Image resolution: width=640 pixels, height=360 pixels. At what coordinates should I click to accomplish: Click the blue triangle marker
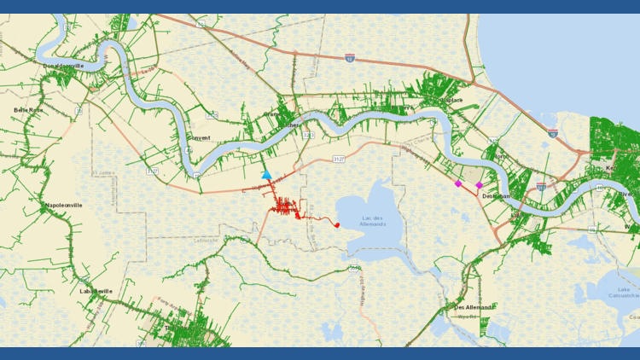[267, 174]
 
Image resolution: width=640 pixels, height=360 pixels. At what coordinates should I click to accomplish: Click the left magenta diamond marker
[458, 183]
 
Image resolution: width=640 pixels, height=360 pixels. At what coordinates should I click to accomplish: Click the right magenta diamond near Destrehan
[479, 185]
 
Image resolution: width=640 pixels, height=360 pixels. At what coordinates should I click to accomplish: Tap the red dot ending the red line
[337, 225]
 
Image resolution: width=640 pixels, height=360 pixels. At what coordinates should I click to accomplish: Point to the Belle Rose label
[28, 111]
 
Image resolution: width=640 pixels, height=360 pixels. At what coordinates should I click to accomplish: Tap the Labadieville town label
[96, 291]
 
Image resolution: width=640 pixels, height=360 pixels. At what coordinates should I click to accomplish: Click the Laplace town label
[451, 101]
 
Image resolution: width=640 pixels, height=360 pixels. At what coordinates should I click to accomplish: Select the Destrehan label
[496, 196]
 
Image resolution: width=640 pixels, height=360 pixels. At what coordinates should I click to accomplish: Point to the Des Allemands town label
[473, 307]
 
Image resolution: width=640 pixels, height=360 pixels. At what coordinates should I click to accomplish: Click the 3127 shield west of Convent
[152, 171]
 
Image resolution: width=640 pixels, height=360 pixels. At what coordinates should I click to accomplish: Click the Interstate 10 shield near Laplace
[553, 134]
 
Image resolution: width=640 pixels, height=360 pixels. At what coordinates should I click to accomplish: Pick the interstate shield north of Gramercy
[350, 58]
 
